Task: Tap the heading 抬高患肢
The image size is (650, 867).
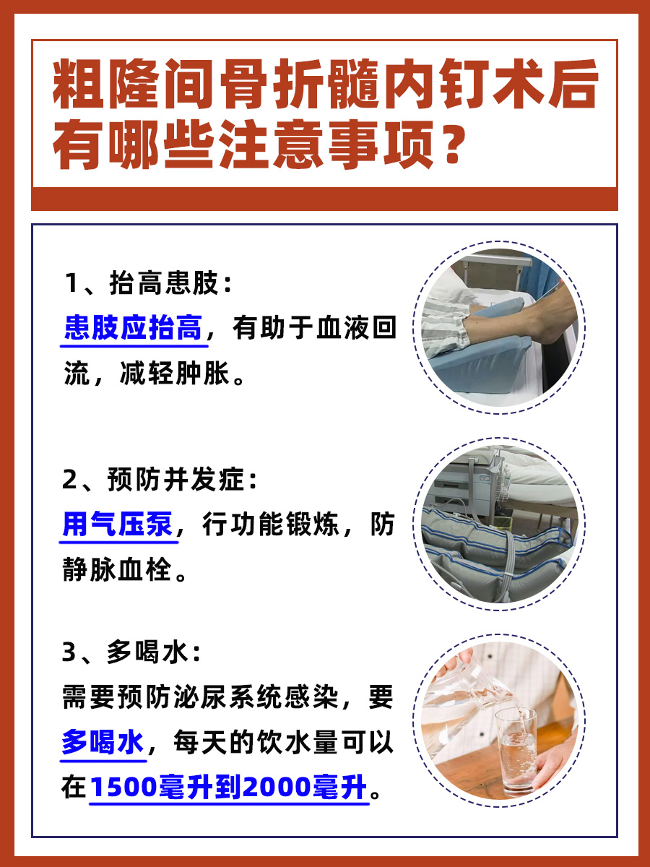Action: [x=162, y=285]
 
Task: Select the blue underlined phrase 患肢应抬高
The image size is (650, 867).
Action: [x=132, y=329]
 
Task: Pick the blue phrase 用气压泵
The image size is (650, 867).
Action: [x=118, y=525]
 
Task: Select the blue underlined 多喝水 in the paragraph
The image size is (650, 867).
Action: [x=103, y=743]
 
